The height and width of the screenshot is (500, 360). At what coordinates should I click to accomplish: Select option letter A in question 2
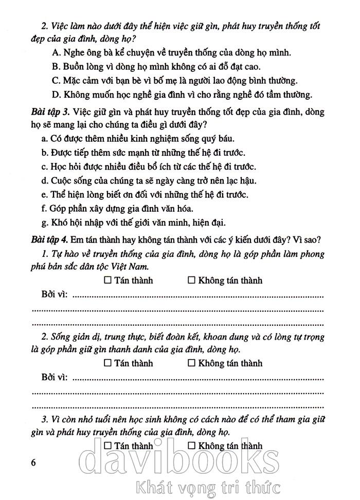pos(57,52)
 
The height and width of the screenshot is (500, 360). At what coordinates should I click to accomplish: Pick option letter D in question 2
pos(57,94)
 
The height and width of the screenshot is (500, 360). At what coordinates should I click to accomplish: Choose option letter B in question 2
pos(57,66)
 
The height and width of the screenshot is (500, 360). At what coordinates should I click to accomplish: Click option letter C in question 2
pos(57,80)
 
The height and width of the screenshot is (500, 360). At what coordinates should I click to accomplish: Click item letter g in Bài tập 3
pos(44,223)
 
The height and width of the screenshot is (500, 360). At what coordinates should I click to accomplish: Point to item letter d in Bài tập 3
pos(44,181)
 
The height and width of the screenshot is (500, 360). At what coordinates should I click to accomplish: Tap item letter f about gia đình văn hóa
pos(43,209)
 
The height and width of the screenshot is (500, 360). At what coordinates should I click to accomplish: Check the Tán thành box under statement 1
pos(107,281)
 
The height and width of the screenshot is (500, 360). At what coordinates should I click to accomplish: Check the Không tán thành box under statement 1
pos(191,281)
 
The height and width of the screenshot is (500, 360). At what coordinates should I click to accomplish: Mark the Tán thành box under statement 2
pos(107,363)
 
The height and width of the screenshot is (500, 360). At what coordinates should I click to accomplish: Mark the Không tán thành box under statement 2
pos(191,363)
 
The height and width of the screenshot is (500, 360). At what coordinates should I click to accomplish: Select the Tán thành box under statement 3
pos(107,445)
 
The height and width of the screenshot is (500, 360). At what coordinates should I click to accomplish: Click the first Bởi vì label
pos(54,295)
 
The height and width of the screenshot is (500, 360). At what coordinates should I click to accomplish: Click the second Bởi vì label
pos(54,378)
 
